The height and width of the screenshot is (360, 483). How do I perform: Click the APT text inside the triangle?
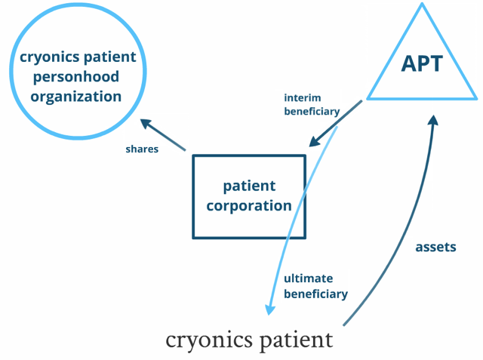click(422, 63)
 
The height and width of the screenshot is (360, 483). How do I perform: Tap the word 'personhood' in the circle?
click(76, 77)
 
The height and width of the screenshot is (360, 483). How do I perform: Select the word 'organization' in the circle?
click(75, 97)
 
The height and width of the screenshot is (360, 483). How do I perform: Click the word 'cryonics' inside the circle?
click(49, 57)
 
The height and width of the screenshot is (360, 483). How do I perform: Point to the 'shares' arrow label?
click(142, 149)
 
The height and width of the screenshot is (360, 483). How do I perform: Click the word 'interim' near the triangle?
click(302, 97)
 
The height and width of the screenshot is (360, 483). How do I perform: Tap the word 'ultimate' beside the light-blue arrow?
click(309, 278)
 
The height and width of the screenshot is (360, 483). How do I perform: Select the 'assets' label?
click(435, 247)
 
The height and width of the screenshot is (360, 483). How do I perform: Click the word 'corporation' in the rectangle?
click(249, 206)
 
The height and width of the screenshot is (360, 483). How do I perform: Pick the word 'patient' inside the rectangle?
click(249, 186)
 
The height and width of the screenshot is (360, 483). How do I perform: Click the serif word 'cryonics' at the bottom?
click(209, 341)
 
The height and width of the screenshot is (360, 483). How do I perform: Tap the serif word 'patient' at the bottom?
click(297, 341)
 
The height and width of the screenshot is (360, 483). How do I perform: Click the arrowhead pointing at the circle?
click(146, 124)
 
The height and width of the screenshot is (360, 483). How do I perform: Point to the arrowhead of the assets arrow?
click(432, 120)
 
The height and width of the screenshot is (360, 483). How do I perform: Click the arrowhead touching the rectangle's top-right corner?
click(315, 141)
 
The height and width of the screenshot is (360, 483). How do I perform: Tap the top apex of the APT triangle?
click(422, 3)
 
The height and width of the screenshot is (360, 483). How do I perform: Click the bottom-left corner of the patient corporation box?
click(193, 238)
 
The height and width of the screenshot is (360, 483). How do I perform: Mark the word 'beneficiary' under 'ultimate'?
click(315, 294)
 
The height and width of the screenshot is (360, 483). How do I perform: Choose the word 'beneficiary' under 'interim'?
click(312, 112)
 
